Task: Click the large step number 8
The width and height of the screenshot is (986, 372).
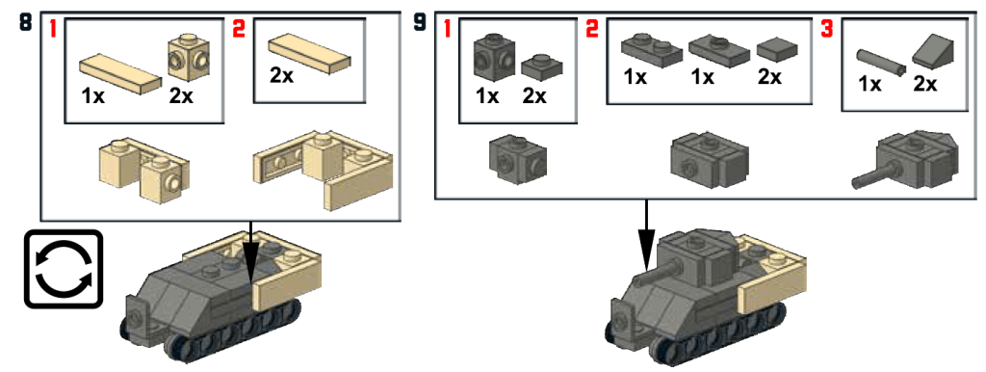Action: click(x=25, y=23)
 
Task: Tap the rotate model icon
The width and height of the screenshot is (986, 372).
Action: click(x=63, y=269)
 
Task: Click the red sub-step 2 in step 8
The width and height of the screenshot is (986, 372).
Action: click(x=239, y=28)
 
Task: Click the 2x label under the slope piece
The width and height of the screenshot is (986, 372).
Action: click(x=925, y=83)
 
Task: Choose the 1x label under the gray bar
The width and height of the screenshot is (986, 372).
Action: click(x=869, y=83)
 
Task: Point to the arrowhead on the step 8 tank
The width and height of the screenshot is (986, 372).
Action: click(x=251, y=264)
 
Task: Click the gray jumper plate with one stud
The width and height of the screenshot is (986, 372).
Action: click(x=718, y=50)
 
